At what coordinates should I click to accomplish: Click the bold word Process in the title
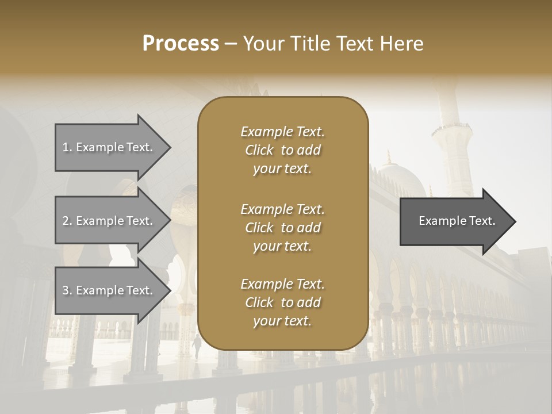[x=181, y=44]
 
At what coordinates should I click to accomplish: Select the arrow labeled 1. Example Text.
[x=109, y=147]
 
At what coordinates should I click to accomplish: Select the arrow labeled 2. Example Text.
[x=109, y=221]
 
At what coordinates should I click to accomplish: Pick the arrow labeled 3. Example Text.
[x=109, y=290]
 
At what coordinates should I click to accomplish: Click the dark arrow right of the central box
[x=454, y=221]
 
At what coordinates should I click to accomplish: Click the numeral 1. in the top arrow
[x=67, y=147]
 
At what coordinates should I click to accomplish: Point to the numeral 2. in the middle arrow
[x=67, y=221]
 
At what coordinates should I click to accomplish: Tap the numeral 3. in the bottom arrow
[x=67, y=290]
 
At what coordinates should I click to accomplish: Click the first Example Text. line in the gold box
[x=282, y=132]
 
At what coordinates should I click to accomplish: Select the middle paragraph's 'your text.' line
[x=282, y=246]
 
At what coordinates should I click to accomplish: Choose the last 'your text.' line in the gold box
[x=282, y=321]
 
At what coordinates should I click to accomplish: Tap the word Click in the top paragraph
[x=259, y=150]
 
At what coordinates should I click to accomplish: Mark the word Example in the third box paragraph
[x=266, y=284]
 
